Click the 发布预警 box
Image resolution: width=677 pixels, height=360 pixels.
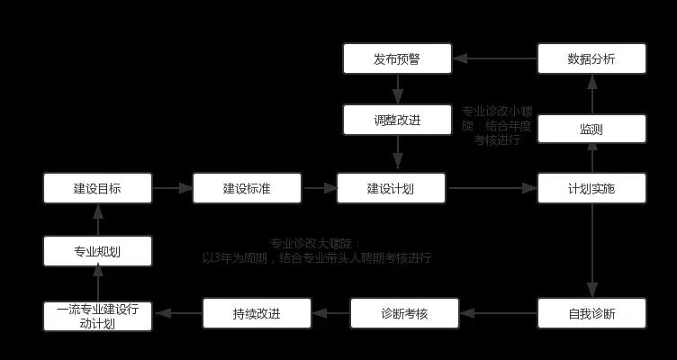coord(397,60)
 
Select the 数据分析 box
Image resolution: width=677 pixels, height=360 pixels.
coord(591,60)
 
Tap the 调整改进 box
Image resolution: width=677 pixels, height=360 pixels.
coord(397,120)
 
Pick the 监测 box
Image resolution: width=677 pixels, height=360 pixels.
coord(591,129)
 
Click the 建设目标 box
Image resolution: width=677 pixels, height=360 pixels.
coord(97,188)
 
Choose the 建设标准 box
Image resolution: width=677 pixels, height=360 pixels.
coord(247,188)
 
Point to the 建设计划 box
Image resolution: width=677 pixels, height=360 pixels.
coord(392,188)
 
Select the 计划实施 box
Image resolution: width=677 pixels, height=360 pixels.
coord(591,188)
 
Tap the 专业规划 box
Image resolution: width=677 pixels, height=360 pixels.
coord(97,252)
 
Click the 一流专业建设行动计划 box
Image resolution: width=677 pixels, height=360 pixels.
coord(97,315)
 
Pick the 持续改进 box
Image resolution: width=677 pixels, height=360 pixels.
coord(257,314)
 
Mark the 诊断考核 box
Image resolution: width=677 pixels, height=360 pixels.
coord(404,314)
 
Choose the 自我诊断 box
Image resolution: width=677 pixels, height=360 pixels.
coord(591,314)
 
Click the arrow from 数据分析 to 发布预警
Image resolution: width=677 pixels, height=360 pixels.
coord(495,59)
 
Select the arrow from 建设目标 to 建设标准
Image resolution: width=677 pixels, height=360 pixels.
coord(172,188)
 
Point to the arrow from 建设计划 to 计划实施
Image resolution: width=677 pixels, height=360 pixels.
coord(492,188)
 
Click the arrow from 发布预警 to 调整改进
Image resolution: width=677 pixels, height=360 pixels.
coord(397,89)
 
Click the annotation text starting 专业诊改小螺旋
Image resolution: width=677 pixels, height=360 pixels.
coord(497,125)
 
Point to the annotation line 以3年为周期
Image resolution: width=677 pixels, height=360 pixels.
coord(317,258)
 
